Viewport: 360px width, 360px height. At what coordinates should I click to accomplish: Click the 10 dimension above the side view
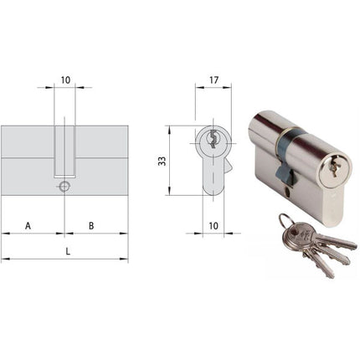click(x=65, y=81)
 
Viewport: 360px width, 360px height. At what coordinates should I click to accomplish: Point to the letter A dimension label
click(x=28, y=225)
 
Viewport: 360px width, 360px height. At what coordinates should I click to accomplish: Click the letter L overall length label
click(x=65, y=249)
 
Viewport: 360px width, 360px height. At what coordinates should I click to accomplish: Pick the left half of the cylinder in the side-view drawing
click(x=29, y=159)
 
